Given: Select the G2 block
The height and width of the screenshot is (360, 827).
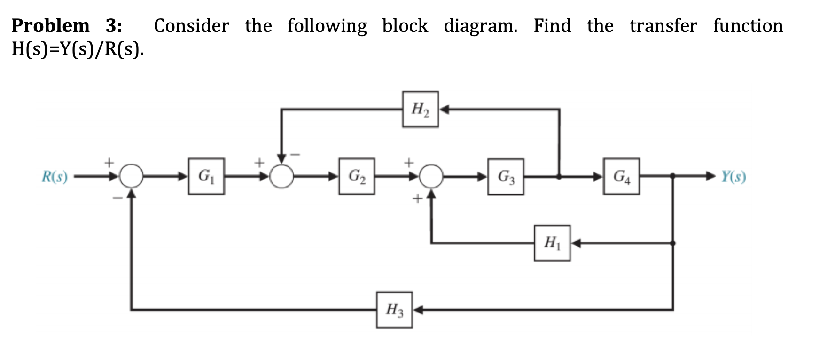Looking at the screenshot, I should (x=357, y=176).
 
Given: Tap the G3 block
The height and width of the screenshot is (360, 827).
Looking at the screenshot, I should (x=506, y=177).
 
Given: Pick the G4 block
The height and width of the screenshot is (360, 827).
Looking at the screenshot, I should (x=622, y=176).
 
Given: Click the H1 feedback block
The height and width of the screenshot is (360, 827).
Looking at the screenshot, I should (x=552, y=243).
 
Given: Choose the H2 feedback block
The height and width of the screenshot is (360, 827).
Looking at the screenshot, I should (x=420, y=110).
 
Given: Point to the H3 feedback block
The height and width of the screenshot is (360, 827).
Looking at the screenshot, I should (x=394, y=310).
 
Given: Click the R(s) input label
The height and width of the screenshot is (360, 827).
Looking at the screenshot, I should (x=55, y=177).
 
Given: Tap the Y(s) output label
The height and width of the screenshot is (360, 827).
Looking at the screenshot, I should (x=733, y=177).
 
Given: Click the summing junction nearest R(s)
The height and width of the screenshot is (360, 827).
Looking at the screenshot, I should (x=132, y=176).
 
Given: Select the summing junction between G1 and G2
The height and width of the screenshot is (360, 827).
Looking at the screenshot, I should (x=281, y=177).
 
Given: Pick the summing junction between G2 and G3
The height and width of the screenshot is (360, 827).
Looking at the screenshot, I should (x=431, y=176).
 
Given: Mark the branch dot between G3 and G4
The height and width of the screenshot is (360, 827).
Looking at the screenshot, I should (x=559, y=177).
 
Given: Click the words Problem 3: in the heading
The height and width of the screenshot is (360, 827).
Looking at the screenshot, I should (x=67, y=25).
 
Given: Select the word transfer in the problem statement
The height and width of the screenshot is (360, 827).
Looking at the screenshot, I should (x=663, y=25).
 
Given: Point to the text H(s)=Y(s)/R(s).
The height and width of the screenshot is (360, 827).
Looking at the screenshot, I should (x=78, y=49).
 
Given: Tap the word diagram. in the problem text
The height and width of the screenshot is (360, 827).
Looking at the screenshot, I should (x=480, y=25).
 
